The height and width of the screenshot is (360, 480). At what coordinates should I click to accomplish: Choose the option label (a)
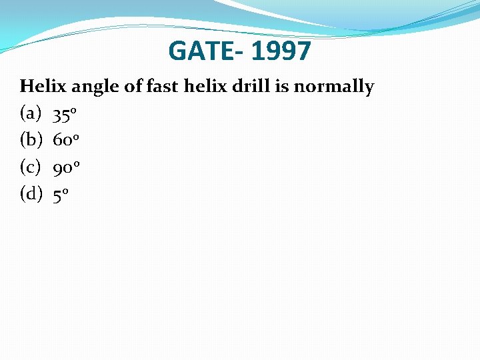[x=31, y=114]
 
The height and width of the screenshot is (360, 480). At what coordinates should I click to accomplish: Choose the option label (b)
[x=31, y=141]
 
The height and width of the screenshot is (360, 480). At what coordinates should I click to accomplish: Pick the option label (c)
[x=31, y=167]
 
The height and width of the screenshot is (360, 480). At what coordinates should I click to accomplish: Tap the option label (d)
[x=31, y=194]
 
